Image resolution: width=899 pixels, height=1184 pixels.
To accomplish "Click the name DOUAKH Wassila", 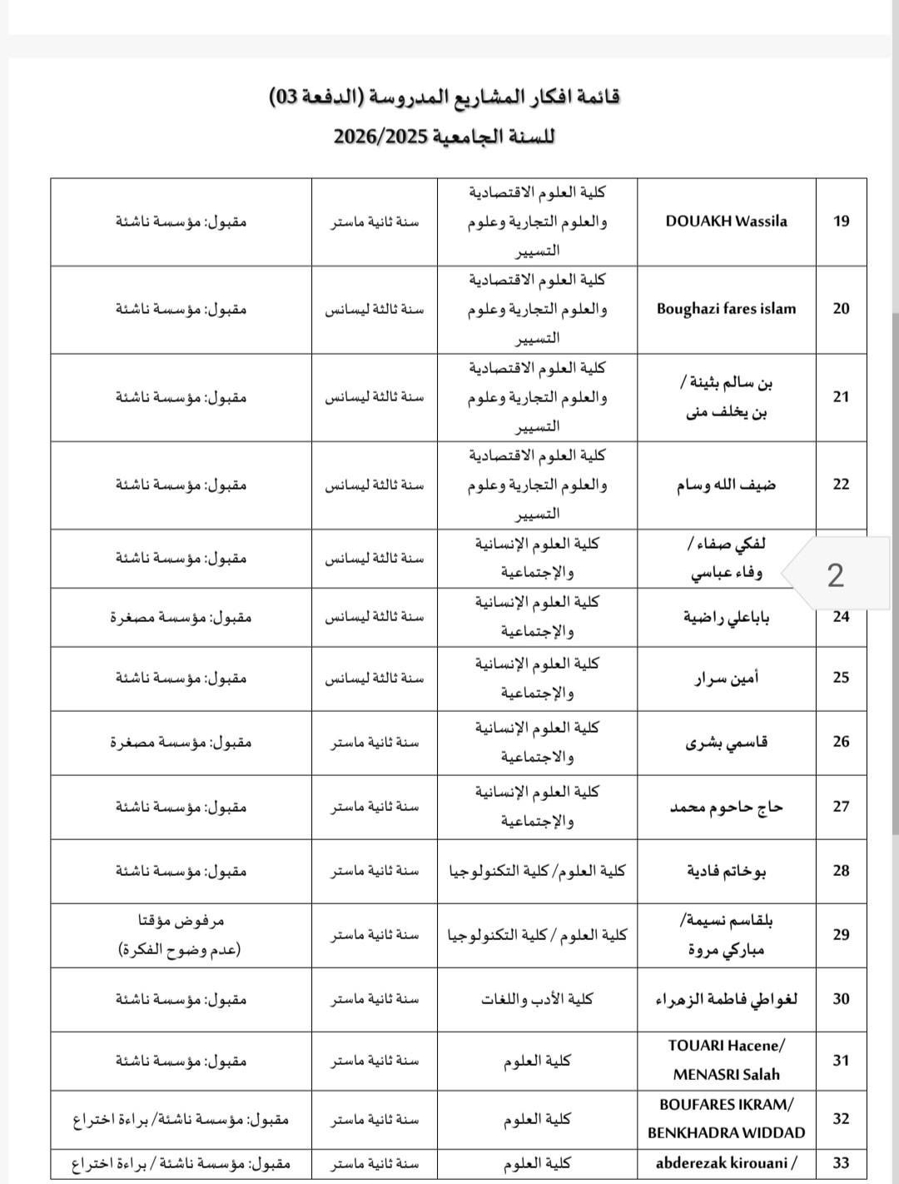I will (x=726, y=221).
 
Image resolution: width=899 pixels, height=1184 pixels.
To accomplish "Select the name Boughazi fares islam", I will (x=726, y=309).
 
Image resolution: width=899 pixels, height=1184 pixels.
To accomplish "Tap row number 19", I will (x=841, y=221).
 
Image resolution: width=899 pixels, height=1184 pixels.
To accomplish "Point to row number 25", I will (x=841, y=678).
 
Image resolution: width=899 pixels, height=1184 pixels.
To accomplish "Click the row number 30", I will (x=841, y=999).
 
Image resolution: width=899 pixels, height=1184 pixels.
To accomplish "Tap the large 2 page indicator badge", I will (x=835, y=575).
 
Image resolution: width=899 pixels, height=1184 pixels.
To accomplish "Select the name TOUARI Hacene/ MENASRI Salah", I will (x=726, y=1060).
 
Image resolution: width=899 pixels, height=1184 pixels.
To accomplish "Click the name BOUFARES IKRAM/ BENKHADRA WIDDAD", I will (x=726, y=1118).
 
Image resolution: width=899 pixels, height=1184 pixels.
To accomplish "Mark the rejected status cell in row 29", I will (x=181, y=934).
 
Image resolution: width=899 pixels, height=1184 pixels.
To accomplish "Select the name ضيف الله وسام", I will (x=726, y=485).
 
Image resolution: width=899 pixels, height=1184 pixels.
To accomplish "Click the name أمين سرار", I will (x=726, y=679).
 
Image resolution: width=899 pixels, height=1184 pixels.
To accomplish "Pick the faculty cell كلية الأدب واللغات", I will (x=537, y=999).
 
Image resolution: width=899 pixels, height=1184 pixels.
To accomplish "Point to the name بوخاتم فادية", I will (x=726, y=872).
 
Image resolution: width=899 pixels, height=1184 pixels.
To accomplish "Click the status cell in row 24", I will (x=181, y=617).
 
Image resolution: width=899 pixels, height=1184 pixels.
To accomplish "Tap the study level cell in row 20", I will (x=374, y=309).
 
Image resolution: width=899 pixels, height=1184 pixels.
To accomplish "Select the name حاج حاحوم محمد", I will (x=726, y=807).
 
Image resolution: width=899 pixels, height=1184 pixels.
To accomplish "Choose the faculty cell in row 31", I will (x=537, y=1061).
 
